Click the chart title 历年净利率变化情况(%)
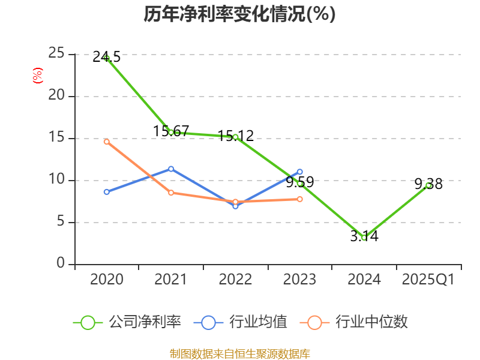(x=239, y=14)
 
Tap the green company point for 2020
(x=107, y=58)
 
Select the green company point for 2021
(x=171, y=132)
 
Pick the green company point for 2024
(x=364, y=238)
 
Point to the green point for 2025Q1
(x=428, y=185)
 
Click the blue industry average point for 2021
(x=171, y=169)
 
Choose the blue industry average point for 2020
(x=107, y=192)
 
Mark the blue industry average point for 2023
(x=300, y=172)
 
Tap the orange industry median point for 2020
(x=107, y=142)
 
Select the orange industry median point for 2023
(x=300, y=199)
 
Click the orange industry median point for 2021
(x=171, y=193)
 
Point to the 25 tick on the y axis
(x=57, y=53)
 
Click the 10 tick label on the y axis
(x=57, y=179)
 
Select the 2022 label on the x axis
(x=235, y=280)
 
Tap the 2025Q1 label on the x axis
(x=428, y=280)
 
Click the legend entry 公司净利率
(x=127, y=322)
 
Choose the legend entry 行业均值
(x=241, y=322)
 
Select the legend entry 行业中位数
(x=358, y=322)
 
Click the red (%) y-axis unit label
(x=38, y=76)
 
